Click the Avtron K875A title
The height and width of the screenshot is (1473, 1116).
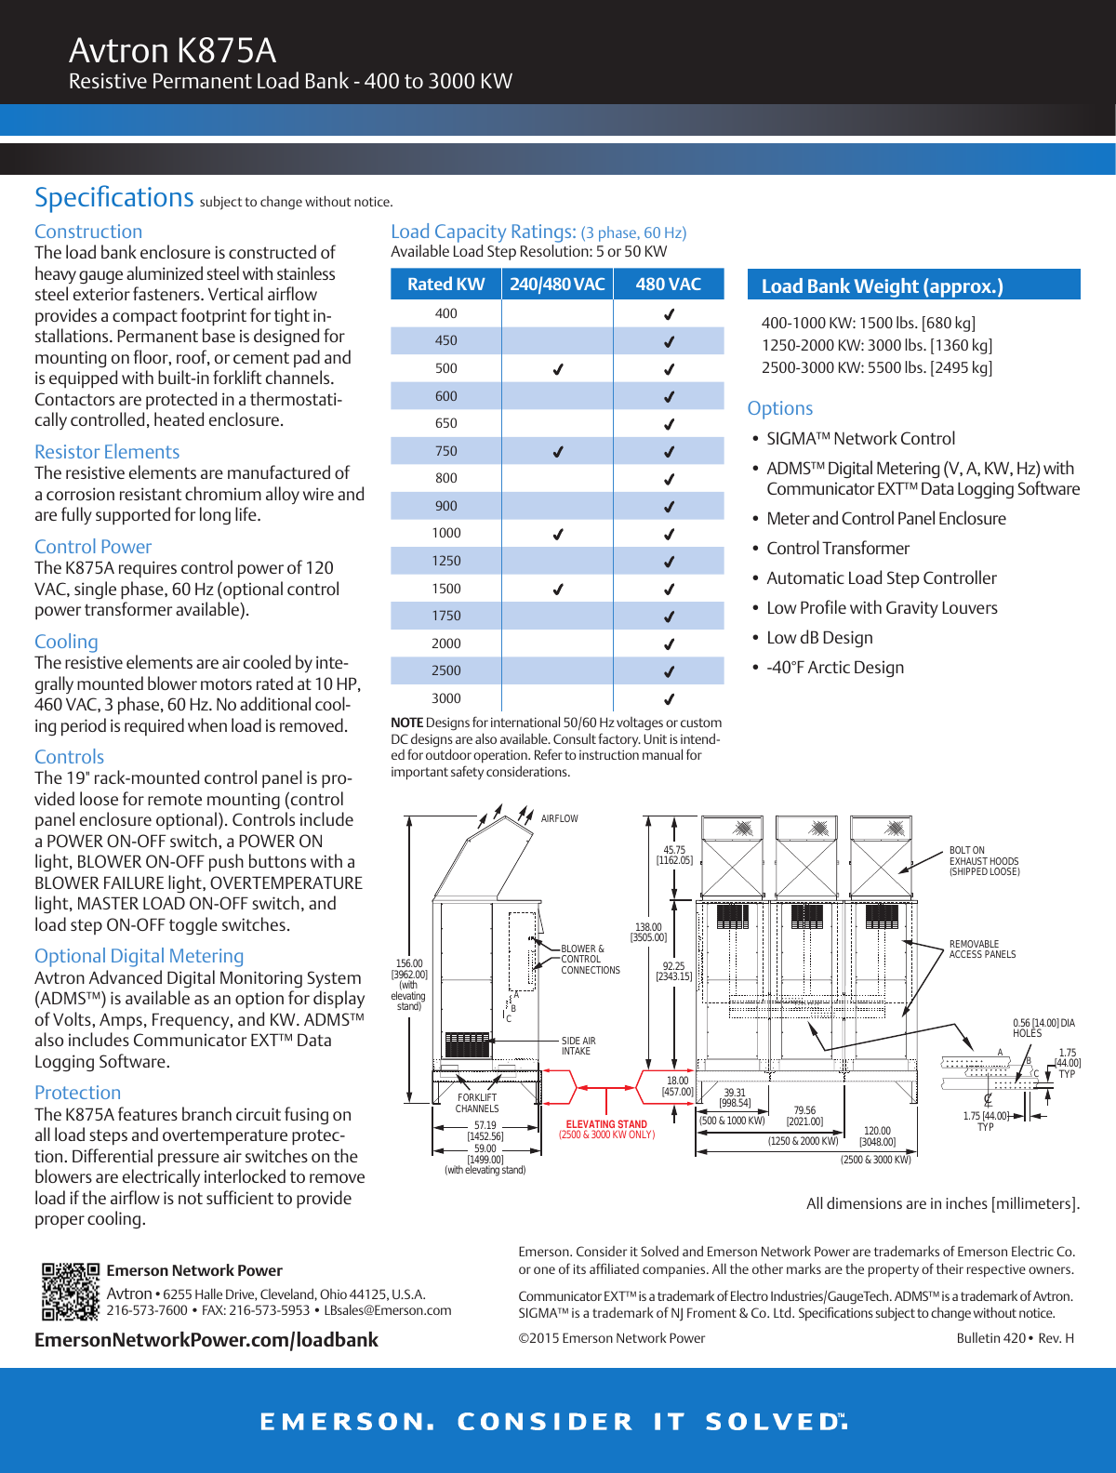point(172,50)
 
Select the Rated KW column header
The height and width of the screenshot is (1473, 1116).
point(445,285)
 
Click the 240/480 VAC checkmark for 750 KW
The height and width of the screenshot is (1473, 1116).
point(558,452)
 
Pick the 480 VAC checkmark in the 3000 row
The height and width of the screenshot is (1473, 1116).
point(669,699)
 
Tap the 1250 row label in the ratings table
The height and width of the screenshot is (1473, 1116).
point(445,561)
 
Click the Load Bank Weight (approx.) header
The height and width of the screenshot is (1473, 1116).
point(882,286)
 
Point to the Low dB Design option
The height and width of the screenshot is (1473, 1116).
point(819,638)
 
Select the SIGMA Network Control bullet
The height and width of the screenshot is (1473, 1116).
point(860,439)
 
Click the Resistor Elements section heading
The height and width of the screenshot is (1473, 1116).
point(107,452)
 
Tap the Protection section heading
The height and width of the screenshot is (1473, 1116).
point(77,1093)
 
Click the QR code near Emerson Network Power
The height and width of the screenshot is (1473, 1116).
point(70,1292)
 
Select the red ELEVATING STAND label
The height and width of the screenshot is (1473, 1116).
point(606,1124)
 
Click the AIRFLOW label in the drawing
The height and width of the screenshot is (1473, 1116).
point(559,819)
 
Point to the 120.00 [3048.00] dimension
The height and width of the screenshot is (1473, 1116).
point(877,1136)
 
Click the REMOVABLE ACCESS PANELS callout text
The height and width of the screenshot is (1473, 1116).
point(982,949)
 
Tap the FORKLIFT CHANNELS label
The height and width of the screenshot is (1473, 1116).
point(477,1103)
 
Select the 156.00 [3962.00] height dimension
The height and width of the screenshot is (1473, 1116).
point(409,969)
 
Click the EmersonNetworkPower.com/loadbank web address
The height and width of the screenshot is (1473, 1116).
point(206,1340)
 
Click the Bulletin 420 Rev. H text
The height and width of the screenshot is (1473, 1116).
point(1015,1338)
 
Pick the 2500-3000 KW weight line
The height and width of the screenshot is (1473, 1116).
point(876,367)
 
